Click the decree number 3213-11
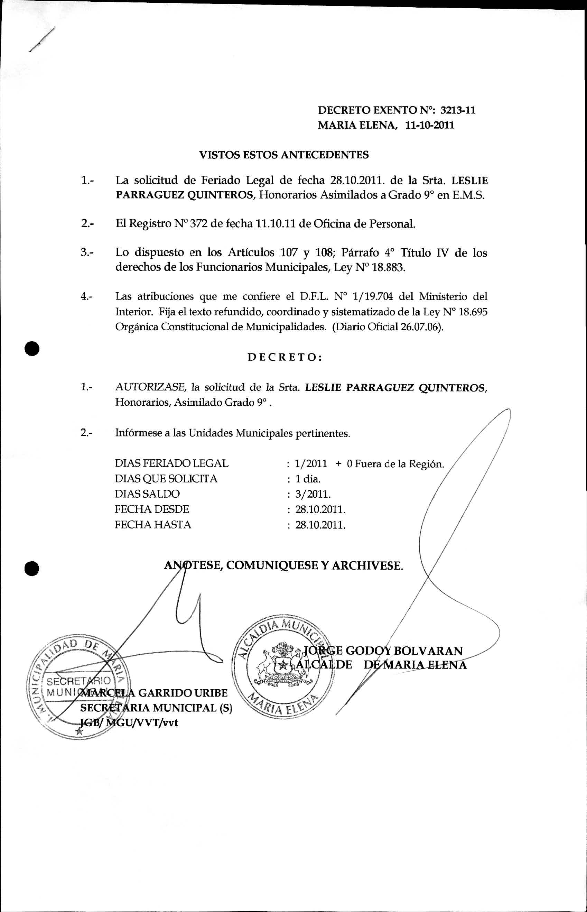pos(458,111)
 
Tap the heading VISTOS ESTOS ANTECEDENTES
pos(284,155)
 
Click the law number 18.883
pos(389,268)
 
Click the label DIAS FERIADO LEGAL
pos(171,464)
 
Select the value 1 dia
pos(308,479)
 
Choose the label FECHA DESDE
pos(152,509)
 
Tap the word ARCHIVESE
pos(367,565)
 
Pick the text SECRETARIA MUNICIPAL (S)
pos(156,708)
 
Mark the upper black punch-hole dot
pos(33,349)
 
